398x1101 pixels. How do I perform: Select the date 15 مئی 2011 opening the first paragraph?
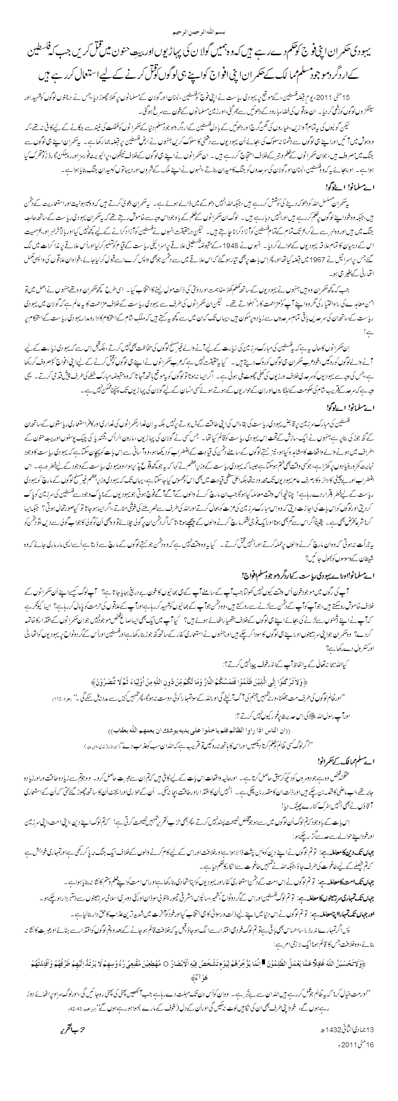point(344,96)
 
